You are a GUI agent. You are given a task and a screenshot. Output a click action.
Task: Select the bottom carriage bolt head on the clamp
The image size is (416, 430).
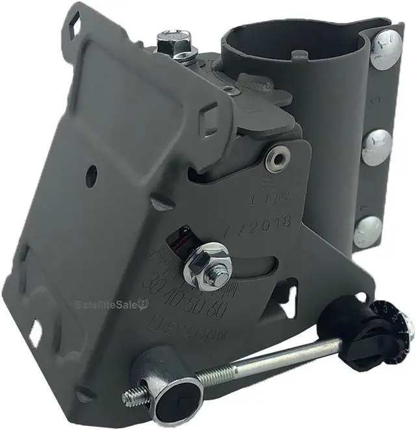pos(368,231)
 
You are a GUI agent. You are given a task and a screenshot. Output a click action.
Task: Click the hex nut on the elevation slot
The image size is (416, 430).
pos(207,268)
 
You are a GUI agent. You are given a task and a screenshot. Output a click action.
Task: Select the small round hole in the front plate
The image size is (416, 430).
pos(92,173)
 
